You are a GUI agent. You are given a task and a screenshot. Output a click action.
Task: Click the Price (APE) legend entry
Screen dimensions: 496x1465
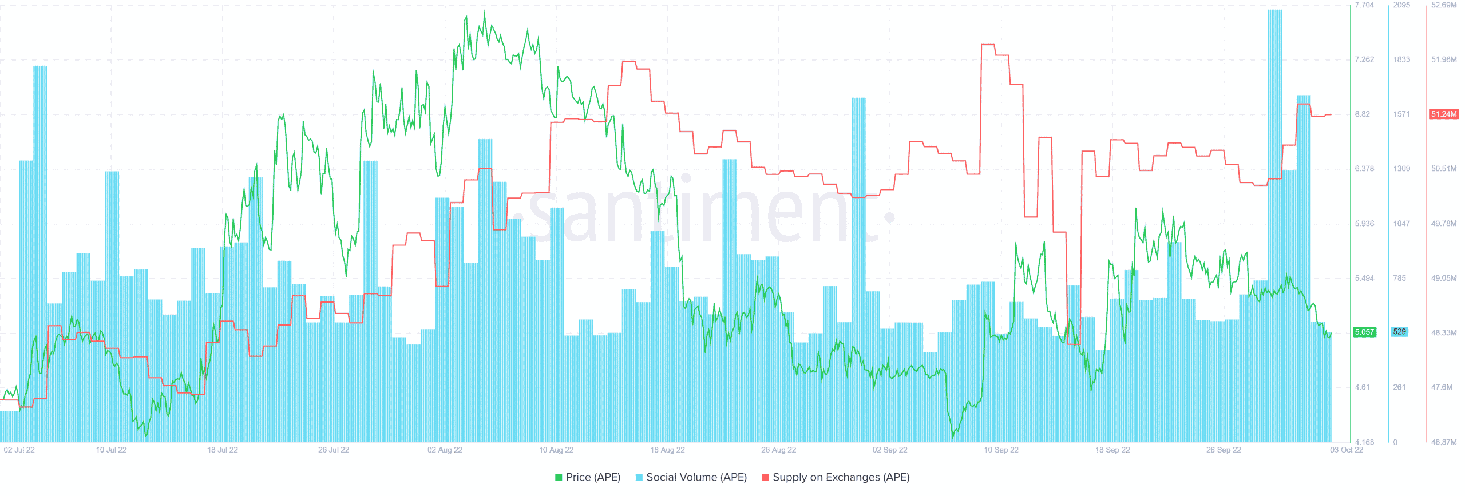[x=588, y=477]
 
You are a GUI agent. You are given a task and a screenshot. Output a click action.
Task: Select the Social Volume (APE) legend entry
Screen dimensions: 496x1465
[x=691, y=477]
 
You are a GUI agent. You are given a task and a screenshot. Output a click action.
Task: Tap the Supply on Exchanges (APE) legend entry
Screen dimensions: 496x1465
[x=836, y=477]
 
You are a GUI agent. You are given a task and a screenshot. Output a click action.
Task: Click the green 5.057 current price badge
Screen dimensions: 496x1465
[x=1364, y=332]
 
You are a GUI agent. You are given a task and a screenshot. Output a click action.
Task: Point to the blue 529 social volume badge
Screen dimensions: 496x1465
[x=1399, y=332]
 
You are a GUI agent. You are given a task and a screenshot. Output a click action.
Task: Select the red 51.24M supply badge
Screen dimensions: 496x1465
[x=1444, y=114]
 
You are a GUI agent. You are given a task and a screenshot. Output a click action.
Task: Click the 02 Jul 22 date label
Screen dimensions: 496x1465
[x=19, y=450]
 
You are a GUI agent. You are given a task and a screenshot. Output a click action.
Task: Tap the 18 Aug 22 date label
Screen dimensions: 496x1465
[x=667, y=450]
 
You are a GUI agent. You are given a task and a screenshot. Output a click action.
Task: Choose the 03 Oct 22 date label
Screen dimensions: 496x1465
[x=1347, y=450]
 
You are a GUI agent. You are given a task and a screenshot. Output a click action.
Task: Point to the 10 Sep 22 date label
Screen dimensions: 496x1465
[x=1001, y=450]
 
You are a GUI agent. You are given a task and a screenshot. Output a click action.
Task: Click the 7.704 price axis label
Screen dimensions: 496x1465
[x=1364, y=5]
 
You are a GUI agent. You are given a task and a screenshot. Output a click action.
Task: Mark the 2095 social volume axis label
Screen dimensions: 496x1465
[x=1401, y=5]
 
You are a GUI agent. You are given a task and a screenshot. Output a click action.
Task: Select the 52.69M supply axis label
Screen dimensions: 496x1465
[x=1444, y=5]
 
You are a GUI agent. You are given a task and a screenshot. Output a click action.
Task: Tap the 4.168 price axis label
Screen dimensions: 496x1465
[x=1364, y=442]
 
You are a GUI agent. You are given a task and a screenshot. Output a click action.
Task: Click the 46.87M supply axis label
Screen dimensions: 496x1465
[x=1444, y=442]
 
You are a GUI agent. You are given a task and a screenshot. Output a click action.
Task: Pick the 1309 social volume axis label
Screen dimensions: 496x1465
[x=1401, y=169]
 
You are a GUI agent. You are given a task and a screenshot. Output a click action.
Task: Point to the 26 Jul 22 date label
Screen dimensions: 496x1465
[x=334, y=450]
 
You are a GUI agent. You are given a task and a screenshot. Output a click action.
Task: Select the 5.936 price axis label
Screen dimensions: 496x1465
[x=1364, y=224]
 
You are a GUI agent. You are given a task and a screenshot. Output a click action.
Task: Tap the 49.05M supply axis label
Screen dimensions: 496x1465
[x=1444, y=278]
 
